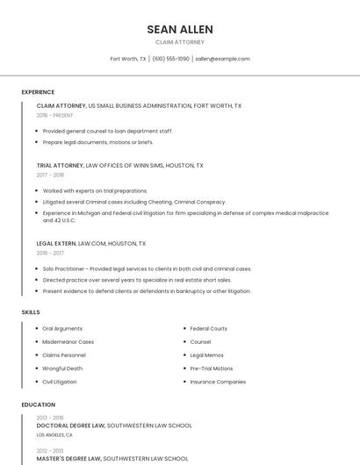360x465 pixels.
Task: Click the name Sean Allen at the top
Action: tap(179, 29)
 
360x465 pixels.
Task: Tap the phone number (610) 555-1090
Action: tap(170, 59)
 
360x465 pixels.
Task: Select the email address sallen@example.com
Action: tap(222, 59)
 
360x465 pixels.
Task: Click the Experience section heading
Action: tap(38, 92)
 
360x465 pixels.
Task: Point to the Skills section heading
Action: tap(31, 312)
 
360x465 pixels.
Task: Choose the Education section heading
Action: tap(38, 404)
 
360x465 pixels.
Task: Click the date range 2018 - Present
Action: tap(55, 115)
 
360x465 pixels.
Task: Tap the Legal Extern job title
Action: tap(56, 243)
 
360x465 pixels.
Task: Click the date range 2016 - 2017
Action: tap(50, 253)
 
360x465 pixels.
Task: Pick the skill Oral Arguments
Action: tap(62, 328)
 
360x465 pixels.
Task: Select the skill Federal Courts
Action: tap(208, 328)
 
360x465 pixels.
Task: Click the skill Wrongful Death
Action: tap(62, 368)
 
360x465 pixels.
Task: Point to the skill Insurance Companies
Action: tap(218, 382)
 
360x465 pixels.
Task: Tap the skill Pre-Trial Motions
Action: tap(212, 368)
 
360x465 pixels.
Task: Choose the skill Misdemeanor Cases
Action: tap(68, 341)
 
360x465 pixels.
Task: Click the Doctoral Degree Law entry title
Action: tap(70, 426)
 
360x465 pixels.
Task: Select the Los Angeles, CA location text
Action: tap(54, 434)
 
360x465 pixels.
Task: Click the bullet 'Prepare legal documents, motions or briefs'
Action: tap(97, 142)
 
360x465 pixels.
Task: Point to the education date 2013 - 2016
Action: tap(50, 418)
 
